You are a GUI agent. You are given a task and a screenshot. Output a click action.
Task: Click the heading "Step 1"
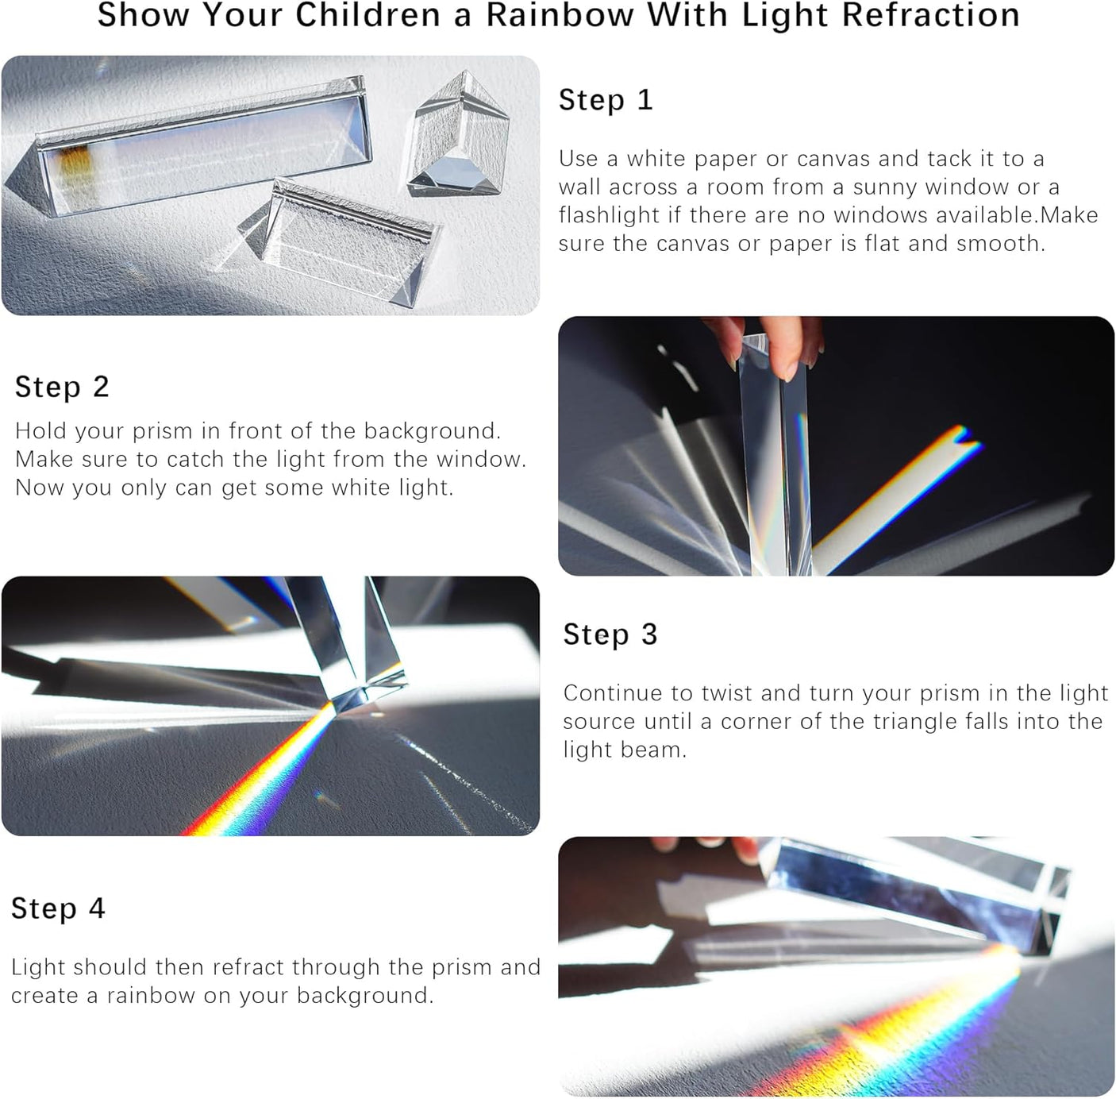(x=606, y=100)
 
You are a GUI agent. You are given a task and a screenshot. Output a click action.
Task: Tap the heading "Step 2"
(x=62, y=387)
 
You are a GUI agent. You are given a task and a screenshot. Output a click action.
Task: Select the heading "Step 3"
(x=610, y=634)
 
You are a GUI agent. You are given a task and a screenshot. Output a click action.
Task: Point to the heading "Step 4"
(x=58, y=908)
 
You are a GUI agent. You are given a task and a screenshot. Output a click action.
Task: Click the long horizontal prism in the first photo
(x=198, y=151)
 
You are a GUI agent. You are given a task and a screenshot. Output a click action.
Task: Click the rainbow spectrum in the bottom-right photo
(x=913, y=1032)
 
